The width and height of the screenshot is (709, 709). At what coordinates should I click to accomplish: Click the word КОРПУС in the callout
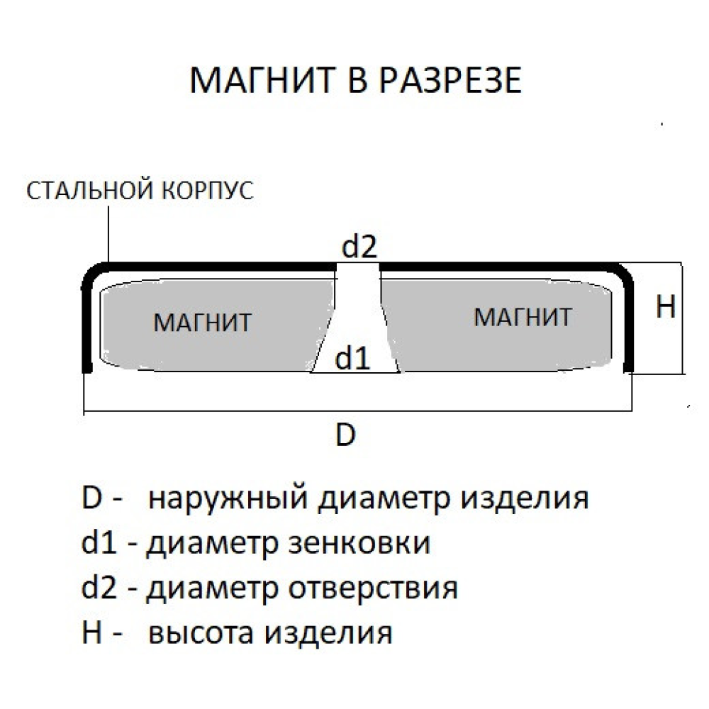(208, 191)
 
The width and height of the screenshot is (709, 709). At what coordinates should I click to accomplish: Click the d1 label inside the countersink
(352, 359)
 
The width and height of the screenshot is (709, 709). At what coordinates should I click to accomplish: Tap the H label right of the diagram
(665, 306)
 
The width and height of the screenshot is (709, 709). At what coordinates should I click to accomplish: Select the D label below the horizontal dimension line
(345, 435)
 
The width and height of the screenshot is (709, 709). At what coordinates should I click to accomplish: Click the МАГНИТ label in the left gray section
(202, 323)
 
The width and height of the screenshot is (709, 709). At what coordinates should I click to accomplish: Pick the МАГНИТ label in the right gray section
(523, 317)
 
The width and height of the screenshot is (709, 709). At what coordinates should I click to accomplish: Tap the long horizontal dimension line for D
(354, 411)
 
